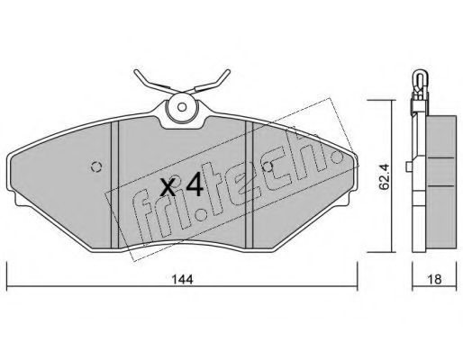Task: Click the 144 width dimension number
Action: point(182,280)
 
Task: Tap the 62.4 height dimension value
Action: point(384,176)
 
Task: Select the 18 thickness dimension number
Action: point(434,280)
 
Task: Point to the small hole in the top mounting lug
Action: point(182,107)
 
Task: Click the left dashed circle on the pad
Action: point(96,166)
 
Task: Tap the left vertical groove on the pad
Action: point(115,184)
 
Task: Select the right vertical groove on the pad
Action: point(250,184)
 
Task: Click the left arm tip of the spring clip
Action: point(136,72)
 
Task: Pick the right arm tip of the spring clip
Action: point(228,71)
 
